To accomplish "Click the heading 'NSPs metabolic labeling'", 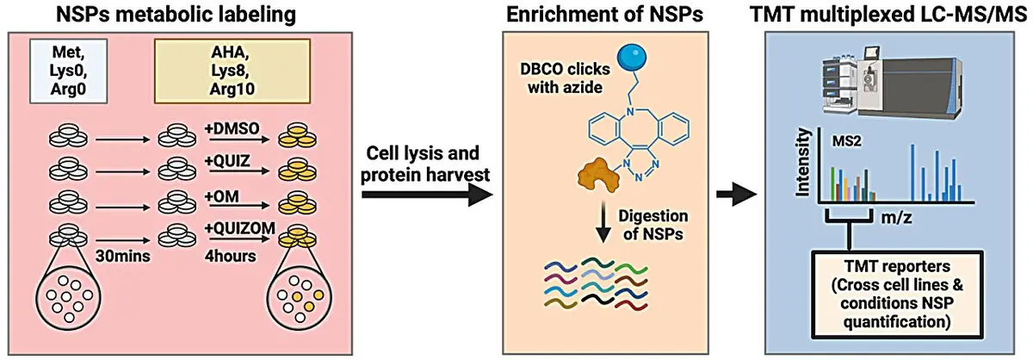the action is [x=176, y=15].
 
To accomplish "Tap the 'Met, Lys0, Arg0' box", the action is [x=69, y=71].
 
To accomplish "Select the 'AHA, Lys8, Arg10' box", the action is [x=232, y=71].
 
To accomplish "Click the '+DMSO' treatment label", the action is [x=232, y=127].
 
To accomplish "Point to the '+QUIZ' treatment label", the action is [x=227, y=160].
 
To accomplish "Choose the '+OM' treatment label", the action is [x=222, y=196].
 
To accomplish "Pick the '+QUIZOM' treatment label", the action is [x=240, y=227].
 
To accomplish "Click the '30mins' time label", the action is [x=122, y=256].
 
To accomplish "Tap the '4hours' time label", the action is [x=230, y=256].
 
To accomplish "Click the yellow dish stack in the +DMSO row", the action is [x=298, y=134].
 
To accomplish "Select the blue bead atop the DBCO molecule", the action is [x=630, y=57].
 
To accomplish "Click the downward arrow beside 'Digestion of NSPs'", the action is [x=602, y=224].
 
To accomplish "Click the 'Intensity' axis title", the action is [x=803, y=163].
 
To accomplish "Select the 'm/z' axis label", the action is [x=896, y=217].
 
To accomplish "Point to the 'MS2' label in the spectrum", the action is [x=846, y=141].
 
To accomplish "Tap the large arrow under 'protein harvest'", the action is [x=428, y=196].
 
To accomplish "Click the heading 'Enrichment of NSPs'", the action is [x=604, y=15].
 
